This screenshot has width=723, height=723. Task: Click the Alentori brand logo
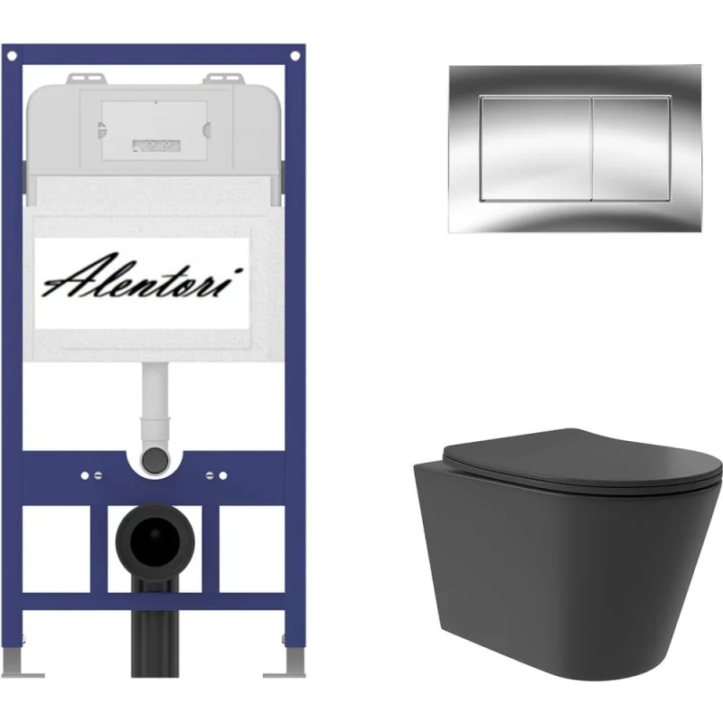(x=143, y=277)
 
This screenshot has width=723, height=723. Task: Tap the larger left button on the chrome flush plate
(x=536, y=149)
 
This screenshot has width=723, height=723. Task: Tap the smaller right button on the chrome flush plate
(x=631, y=149)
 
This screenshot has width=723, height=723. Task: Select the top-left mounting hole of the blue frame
(x=13, y=56)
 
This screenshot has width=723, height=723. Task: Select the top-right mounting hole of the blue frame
(x=296, y=56)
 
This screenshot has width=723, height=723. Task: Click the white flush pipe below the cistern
(x=154, y=406)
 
